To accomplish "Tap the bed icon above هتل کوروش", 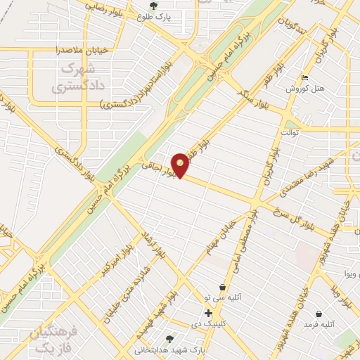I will point(304,77).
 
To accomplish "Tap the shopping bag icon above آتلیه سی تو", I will point(223,287).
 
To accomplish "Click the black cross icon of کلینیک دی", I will point(208,313).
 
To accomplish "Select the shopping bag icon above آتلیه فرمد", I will point(320,314).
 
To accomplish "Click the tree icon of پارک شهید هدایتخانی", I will point(169,337).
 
